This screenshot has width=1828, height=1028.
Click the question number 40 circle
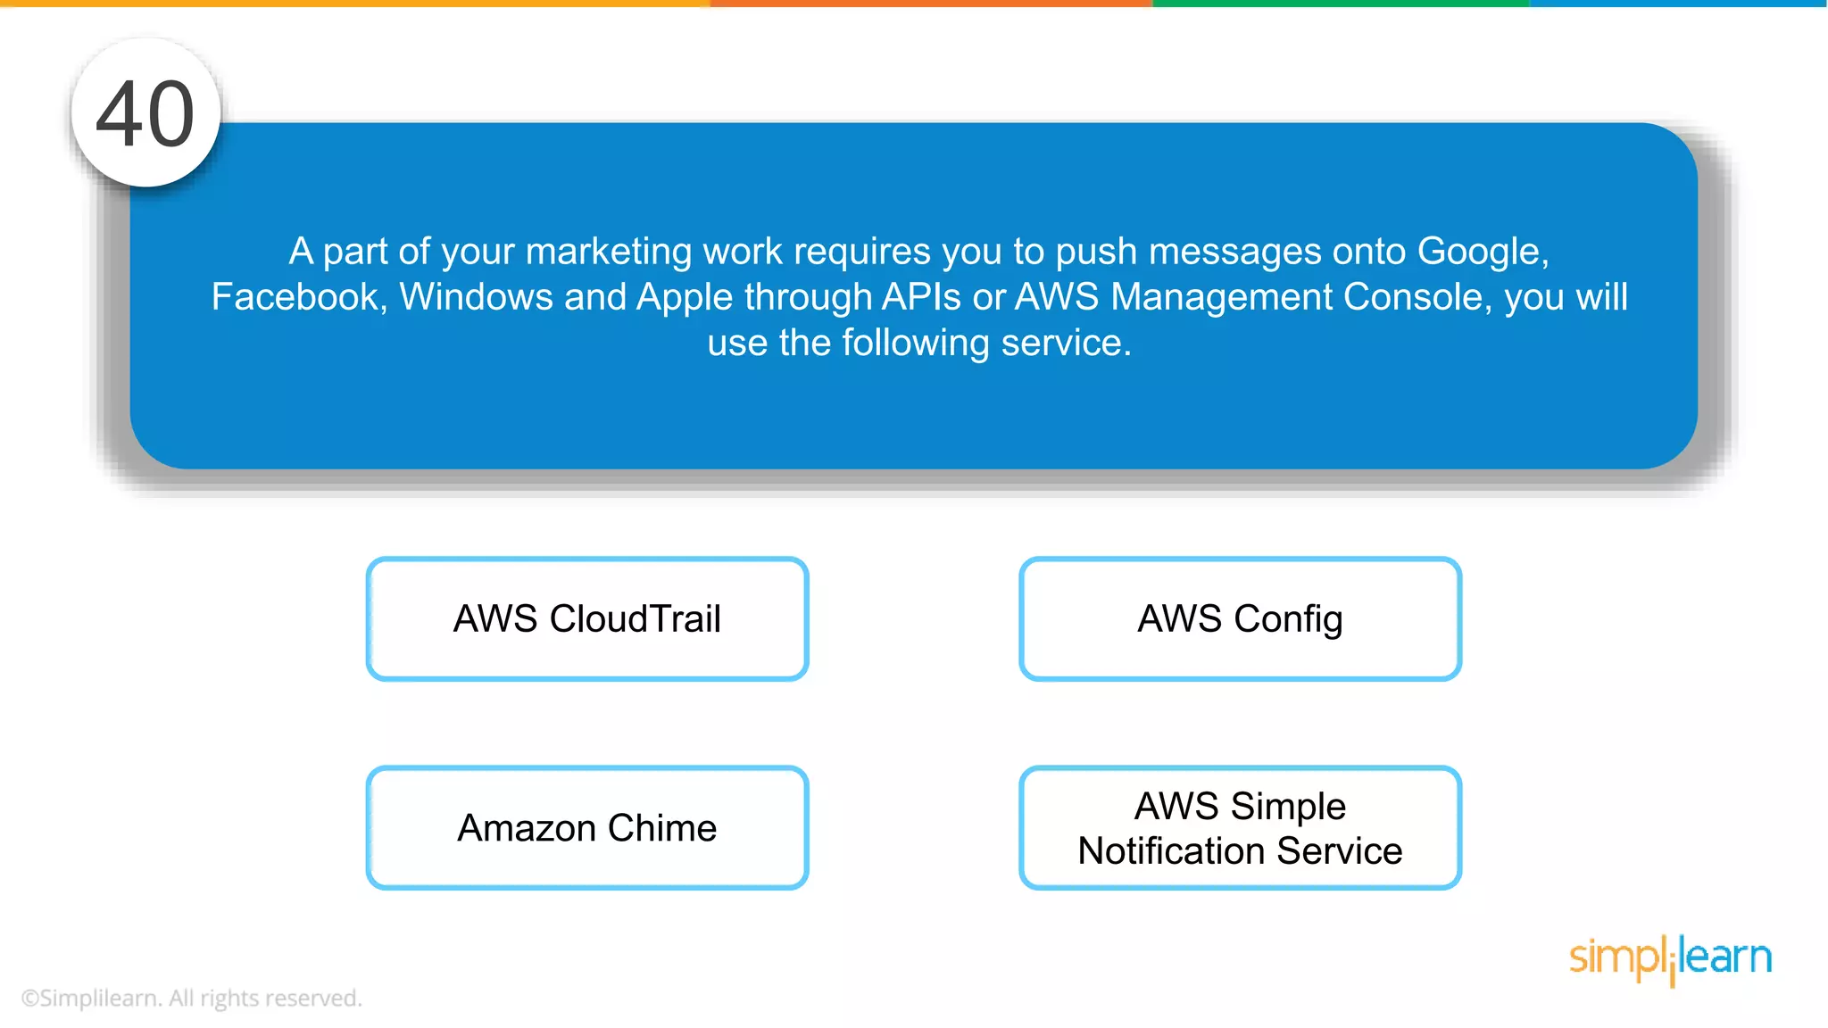145,113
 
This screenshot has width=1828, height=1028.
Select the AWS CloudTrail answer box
587,619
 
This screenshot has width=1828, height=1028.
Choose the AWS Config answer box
1240,619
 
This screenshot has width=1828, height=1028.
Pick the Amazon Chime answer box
587,828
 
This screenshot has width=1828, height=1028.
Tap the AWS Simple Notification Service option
1240,828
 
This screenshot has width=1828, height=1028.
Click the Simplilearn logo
1670,959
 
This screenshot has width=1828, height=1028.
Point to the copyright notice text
191,998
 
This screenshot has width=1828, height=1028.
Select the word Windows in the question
476,297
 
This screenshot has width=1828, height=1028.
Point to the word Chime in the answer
662,828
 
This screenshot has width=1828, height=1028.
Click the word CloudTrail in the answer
635,619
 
